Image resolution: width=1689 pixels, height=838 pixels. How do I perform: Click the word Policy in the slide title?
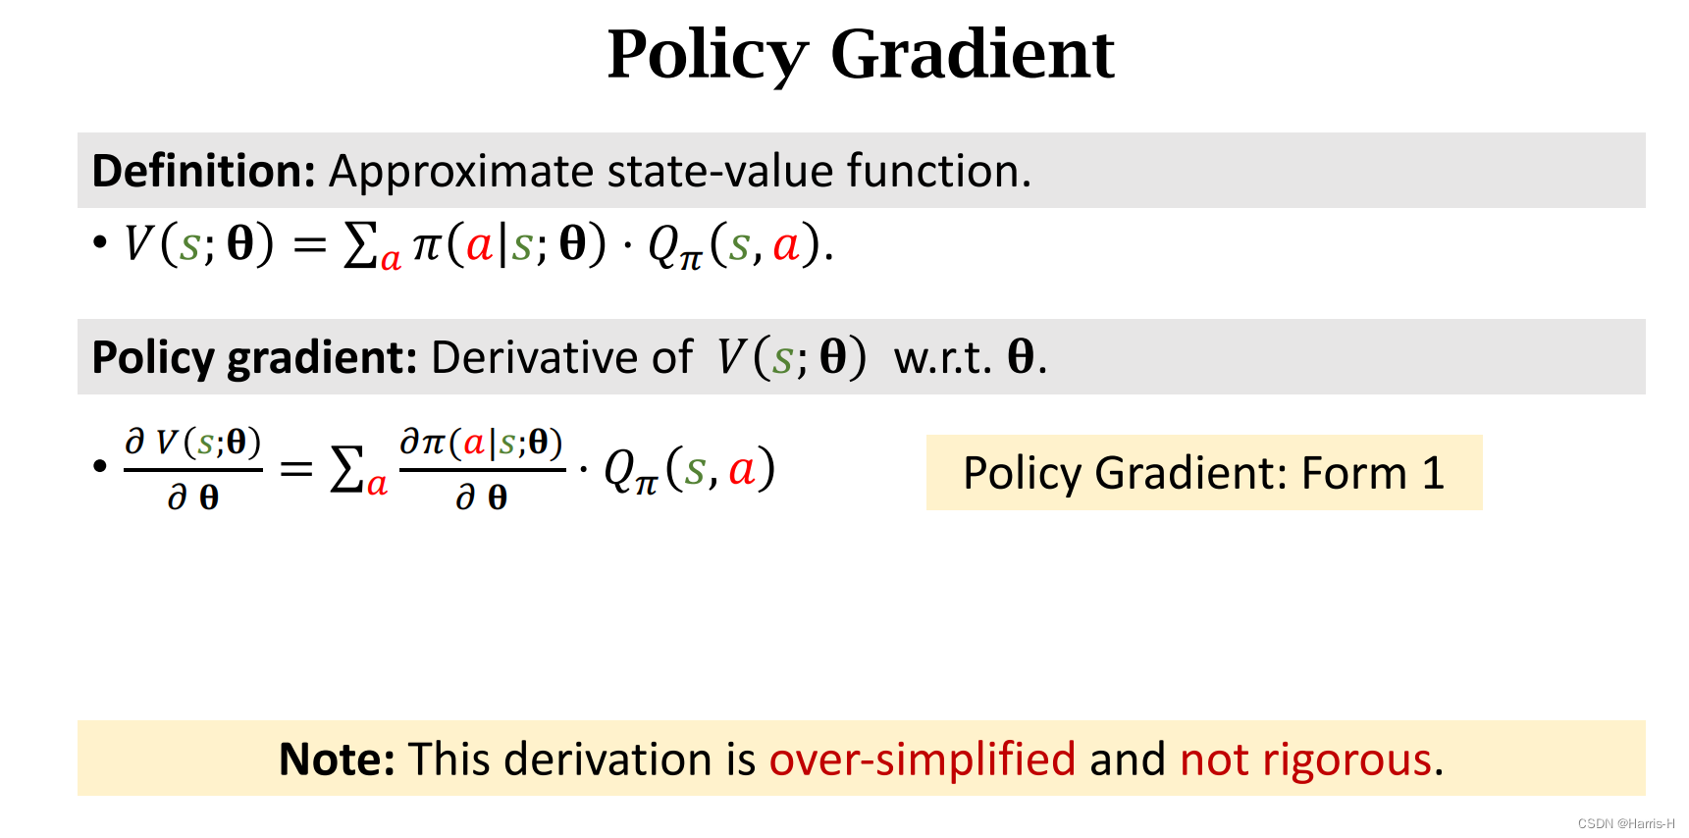click(x=707, y=55)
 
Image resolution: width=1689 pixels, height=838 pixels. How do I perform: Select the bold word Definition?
click(x=203, y=171)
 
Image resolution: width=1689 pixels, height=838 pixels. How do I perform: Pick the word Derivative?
click(x=561, y=357)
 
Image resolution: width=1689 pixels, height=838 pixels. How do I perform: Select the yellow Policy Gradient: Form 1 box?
click(x=1203, y=472)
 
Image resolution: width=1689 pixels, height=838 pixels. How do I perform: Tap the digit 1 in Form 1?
click(x=1433, y=473)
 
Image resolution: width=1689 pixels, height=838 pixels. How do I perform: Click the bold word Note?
click(x=337, y=759)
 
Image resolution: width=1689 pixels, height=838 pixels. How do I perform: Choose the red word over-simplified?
click(x=922, y=759)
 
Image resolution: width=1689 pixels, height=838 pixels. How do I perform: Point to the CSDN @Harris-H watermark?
click(x=1625, y=824)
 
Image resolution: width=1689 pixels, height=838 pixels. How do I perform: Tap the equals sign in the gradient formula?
click(x=295, y=469)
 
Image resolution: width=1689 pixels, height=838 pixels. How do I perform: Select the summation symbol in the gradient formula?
click(x=347, y=469)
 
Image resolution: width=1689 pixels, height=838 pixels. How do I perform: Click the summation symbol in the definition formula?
click(x=360, y=245)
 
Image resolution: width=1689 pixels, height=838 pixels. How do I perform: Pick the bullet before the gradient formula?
click(x=99, y=466)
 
